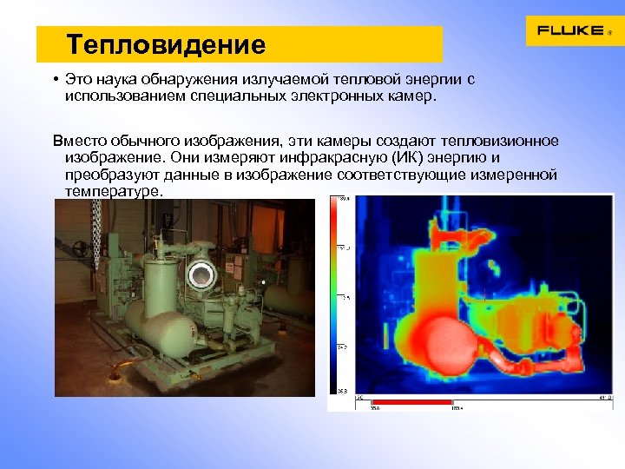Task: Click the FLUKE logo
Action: (569, 30)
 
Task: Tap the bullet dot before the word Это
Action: (55, 80)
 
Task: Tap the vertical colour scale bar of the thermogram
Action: (333, 294)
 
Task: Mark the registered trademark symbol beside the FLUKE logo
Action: (609, 33)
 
